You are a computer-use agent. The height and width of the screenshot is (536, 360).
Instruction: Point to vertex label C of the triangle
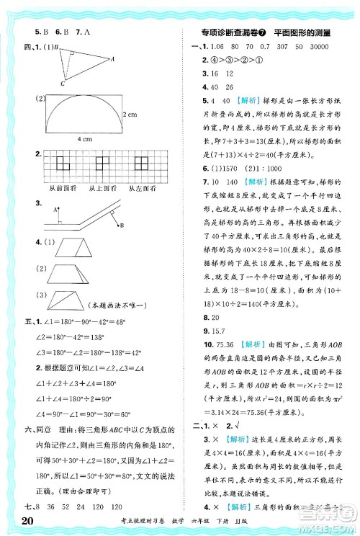(62, 84)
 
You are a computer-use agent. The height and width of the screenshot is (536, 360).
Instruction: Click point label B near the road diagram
(122, 225)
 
